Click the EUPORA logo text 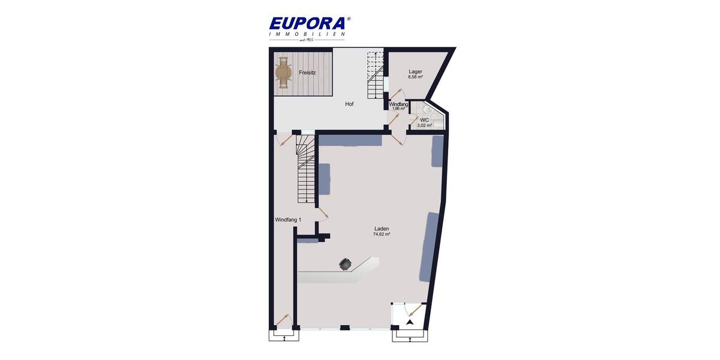(307, 23)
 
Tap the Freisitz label (307, 73)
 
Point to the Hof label (349, 104)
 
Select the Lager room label (415, 71)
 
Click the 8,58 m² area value (415, 77)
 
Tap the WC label (424, 120)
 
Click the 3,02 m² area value (424, 125)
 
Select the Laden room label (382, 229)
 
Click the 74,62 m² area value (382, 235)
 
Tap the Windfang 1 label (288, 220)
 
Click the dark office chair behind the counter (346, 264)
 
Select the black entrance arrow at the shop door (410, 322)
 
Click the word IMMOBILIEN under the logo (307, 34)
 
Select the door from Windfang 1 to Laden (322, 212)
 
